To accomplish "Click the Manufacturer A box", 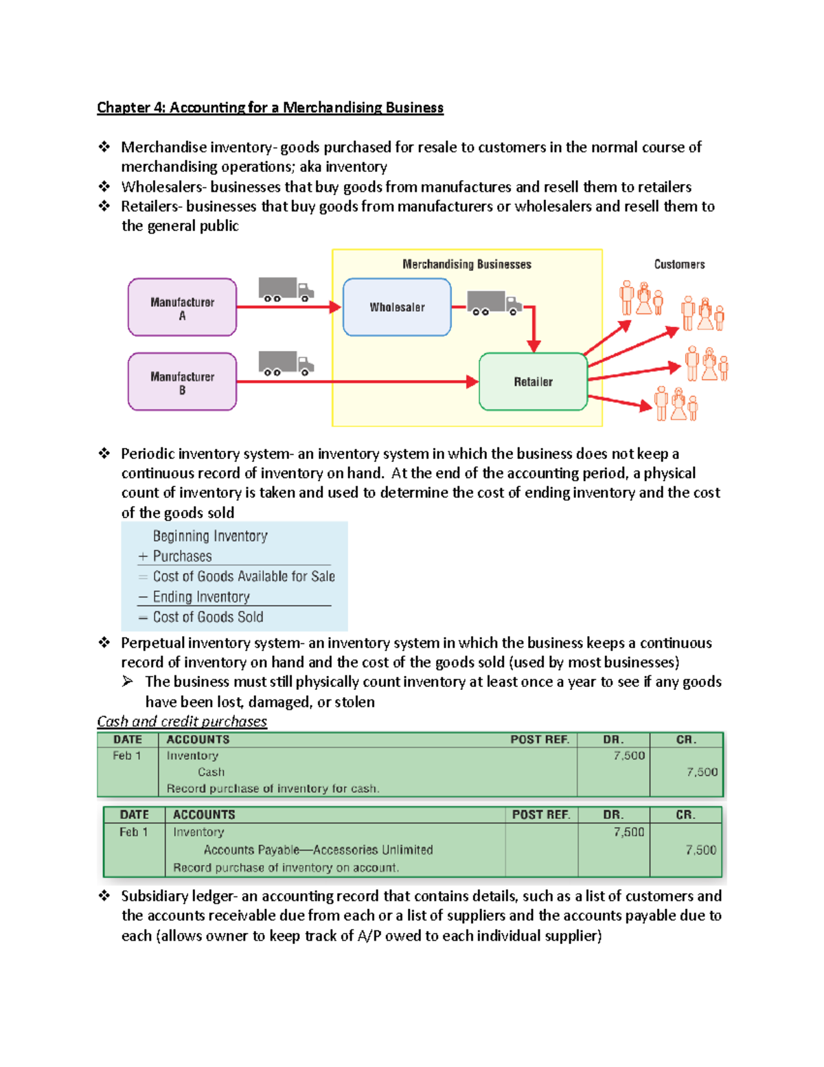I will pos(182,308).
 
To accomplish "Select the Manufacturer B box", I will pos(182,382).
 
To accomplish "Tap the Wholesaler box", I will pos(397,307).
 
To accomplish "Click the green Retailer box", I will pos(533,382).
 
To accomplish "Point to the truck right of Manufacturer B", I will pos(285,363).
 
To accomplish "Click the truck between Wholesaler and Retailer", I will pos(494,302).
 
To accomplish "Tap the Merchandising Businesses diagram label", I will pos(467,265).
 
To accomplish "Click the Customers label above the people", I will pos(679,265).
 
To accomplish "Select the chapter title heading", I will pos(270,107).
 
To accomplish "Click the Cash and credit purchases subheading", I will pos(182,721).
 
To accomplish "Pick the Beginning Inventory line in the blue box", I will pos(210,536).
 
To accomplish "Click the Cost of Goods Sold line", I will pos(208,617).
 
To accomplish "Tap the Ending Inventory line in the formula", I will pos(201,596).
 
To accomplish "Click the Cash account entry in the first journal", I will pos(211,772).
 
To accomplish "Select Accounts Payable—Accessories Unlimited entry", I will pos(318,850).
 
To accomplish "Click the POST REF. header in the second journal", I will pos(541,814).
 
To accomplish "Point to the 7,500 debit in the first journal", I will pos(629,756).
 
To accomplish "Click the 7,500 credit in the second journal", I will pos(700,850).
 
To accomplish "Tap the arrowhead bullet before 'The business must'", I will pos(128,682).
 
